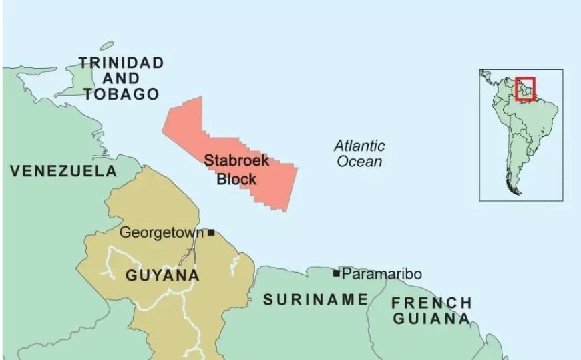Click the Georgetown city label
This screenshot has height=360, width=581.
click(161, 233)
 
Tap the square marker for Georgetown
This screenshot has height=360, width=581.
click(211, 232)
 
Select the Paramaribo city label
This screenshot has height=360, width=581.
click(381, 274)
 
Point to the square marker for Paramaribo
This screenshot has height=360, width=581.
click(337, 273)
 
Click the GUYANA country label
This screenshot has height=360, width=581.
click(162, 275)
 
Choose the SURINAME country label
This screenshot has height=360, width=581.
click(315, 299)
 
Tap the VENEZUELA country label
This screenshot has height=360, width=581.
click(63, 171)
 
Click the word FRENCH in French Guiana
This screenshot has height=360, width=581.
click(431, 303)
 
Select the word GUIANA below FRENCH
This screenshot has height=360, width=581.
click(431, 319)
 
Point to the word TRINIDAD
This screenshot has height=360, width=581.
click(121, 63)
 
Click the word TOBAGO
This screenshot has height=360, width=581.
click(121, 94)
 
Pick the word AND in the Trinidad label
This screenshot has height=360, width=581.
click(121, 79)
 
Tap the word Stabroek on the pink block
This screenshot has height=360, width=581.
click(236, 161)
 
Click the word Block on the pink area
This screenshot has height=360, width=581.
click(236, 179)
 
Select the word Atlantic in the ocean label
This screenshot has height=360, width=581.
click(359, 146)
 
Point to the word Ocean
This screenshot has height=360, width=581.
click(359, 162)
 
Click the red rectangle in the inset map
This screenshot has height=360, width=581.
click(525, 89)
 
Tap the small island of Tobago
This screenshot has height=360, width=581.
click(106, 46)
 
